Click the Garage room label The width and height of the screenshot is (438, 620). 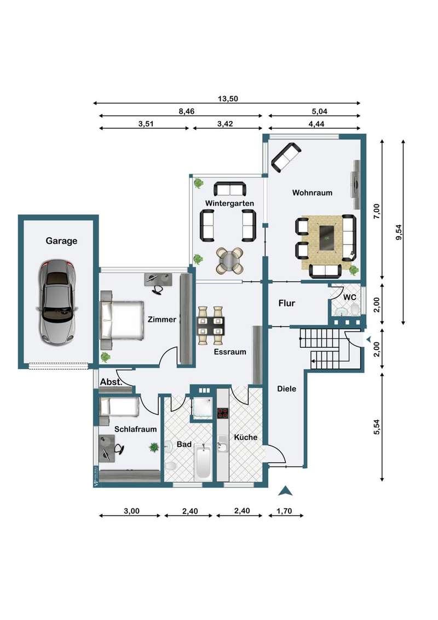pos(61,241)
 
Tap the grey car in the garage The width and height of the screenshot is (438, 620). pos(57,303)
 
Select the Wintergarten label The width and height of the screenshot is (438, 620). pos(229,203)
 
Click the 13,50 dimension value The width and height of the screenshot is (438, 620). pos(228,99)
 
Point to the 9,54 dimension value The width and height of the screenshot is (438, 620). pos(399,232)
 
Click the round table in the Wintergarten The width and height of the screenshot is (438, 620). pos(229,261)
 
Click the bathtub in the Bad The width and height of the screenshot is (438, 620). pos(203,462)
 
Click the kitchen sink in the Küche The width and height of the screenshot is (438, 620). pos(222,446)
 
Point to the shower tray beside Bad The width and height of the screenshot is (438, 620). pos(202,407)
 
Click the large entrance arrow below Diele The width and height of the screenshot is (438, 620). pos(285,491)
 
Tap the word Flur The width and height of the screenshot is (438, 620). pos(286,303)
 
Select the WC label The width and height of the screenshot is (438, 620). pos(349,297)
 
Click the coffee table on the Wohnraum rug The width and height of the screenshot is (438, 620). pos(326,238)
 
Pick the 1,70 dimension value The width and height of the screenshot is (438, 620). pos(284,511)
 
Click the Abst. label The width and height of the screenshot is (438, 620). pos(111,382)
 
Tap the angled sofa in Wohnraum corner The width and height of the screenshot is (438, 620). pos(286,157)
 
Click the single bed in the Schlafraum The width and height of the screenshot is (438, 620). pos(119,407)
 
